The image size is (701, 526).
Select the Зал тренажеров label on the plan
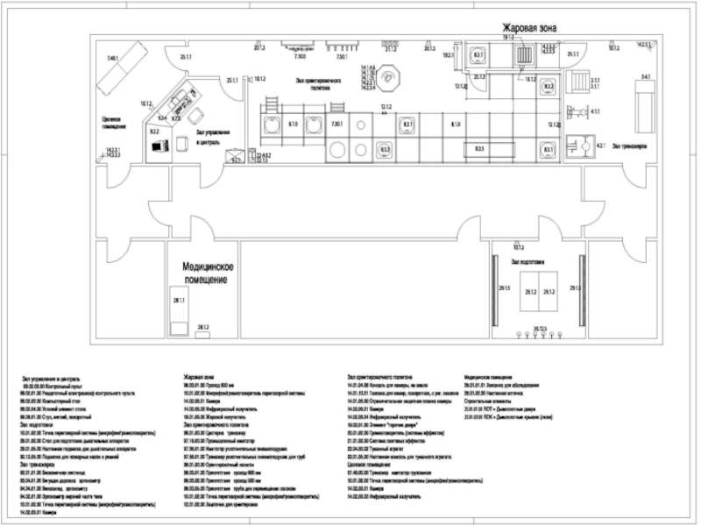point(630,146)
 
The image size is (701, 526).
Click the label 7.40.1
point(112,58)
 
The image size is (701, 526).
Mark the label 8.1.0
point(456,125)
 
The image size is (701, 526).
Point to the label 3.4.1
point(646,79)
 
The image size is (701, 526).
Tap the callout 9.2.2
point(154,131)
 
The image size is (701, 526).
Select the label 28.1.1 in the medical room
point(179,301)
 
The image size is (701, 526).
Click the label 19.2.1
point(449,55)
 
